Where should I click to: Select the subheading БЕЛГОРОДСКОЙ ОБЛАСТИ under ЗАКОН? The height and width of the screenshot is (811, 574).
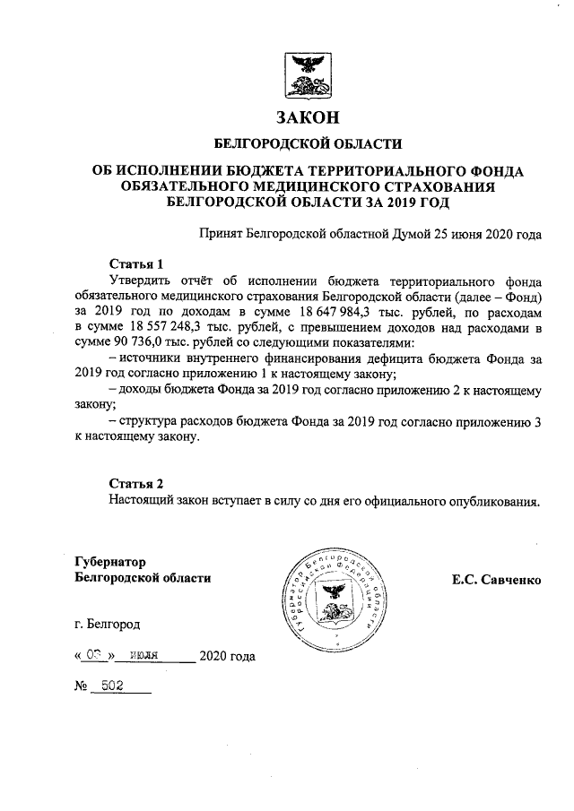[308, 143]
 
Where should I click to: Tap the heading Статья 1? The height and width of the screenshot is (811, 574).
[136, 264]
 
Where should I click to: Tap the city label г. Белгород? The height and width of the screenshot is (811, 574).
[108, 623]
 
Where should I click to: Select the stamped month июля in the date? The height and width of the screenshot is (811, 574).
[143, 655]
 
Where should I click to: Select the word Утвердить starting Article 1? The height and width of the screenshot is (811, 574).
[143, 280]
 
